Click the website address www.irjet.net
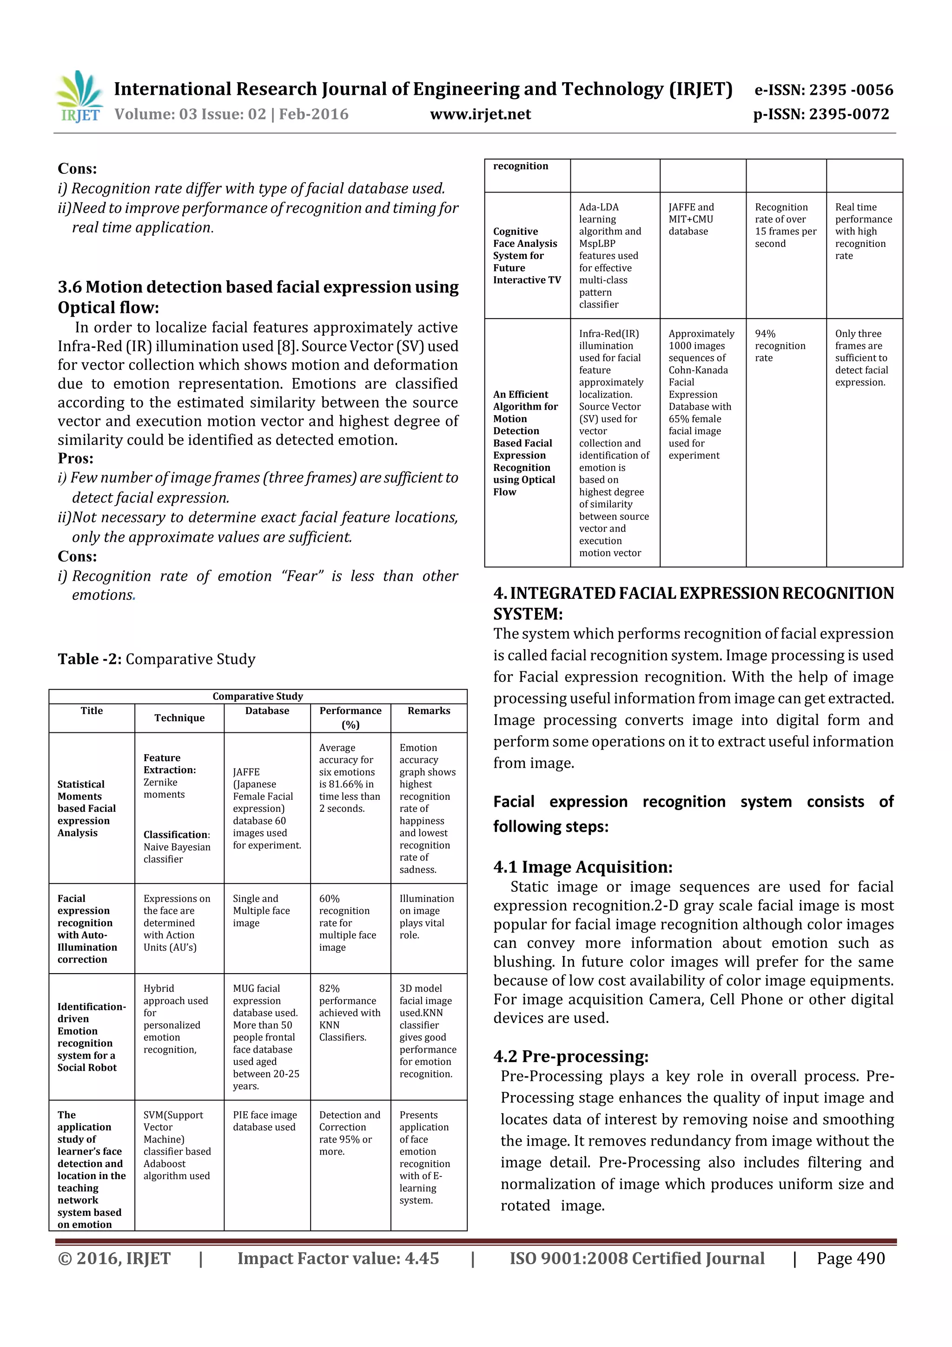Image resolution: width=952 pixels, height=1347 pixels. pos(480,114)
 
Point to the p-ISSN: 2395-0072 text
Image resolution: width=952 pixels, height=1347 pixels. pos(821,114)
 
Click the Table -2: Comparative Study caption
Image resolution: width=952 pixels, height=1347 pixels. pos(156,659)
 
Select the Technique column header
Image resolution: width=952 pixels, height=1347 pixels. pos(179,717)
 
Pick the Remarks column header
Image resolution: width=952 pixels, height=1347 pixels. pos(429,710)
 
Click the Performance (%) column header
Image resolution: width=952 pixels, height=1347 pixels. pos(350,717)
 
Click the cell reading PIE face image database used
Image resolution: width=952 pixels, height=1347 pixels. pos(264,1121)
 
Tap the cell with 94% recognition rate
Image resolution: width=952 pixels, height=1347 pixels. pos(780,345)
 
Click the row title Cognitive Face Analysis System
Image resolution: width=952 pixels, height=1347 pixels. pos(526,255)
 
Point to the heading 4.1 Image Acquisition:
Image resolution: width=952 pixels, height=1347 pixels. pos(582,867)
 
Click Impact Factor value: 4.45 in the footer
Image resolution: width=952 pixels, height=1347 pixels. pos(338,1258)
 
